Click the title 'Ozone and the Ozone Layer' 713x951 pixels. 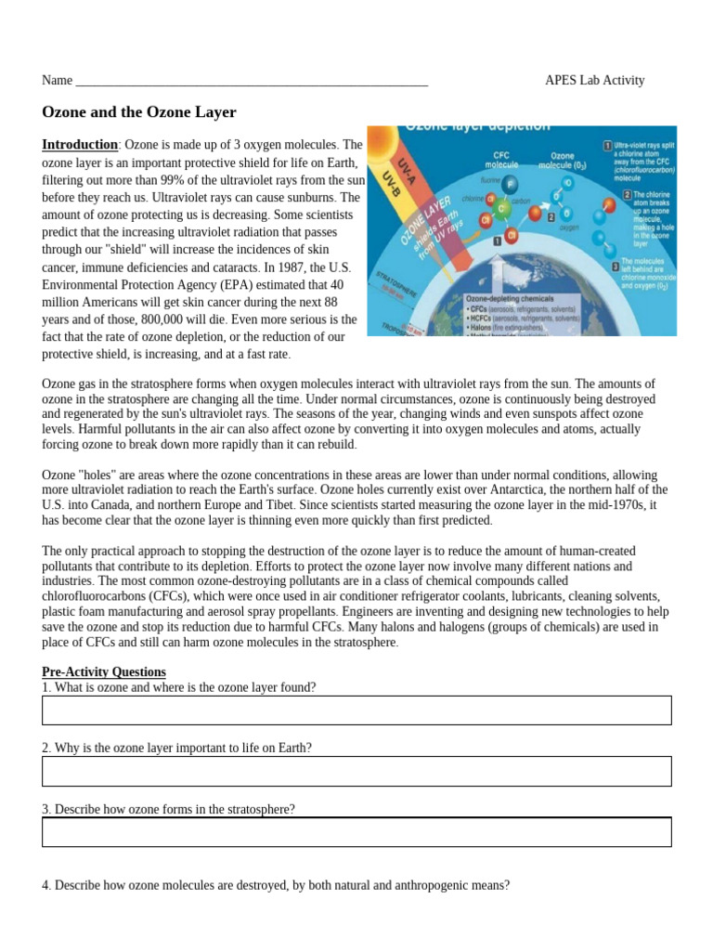(x=139, y=112)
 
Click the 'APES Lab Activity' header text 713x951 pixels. (x=594, y=80)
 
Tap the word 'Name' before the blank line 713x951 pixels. (x=57, y=80)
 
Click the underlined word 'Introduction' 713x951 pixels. (x=80, y=145)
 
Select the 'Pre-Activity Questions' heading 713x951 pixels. (x=104, y=671)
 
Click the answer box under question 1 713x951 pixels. (x=356, y=710)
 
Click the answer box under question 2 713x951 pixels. (x=356, y=771)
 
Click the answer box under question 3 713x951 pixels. (x=356, y=832)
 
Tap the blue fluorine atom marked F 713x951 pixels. (x=508, y=186)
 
